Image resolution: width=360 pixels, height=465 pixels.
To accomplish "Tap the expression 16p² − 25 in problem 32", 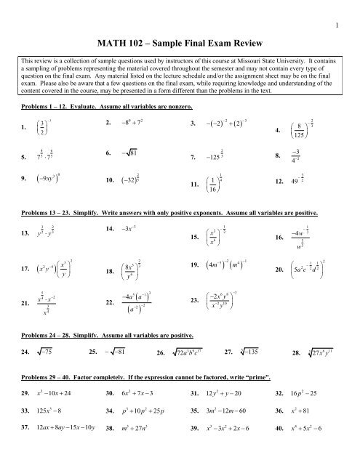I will pyautogui.click(x=312, y=395).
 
